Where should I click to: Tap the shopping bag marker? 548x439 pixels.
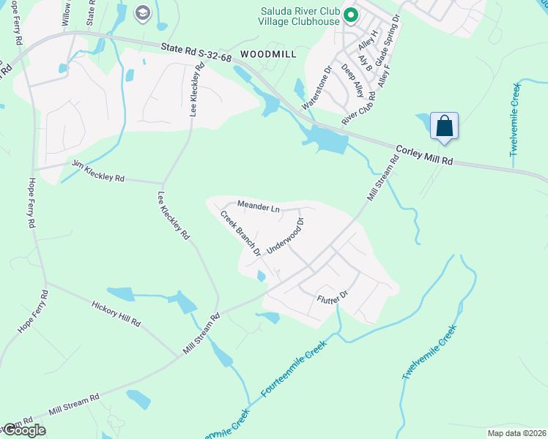[x=445, y=126]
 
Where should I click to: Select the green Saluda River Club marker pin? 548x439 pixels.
[x=351, y=14]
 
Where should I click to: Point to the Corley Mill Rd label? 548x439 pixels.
[x=426, y=154]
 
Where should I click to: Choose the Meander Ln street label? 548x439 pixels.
[x=259, y=207]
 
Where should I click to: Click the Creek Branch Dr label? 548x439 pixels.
[x=241, y=233]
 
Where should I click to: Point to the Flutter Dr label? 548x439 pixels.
[x=331, y=299]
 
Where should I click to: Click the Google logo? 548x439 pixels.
[x=23, y=430]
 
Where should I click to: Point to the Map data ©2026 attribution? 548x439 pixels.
[x=517, y=432]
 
